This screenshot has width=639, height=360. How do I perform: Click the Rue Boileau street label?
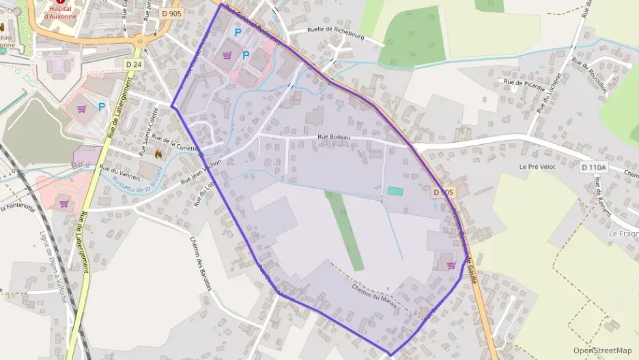click(339, 137)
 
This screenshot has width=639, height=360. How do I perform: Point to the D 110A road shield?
click(595, 167)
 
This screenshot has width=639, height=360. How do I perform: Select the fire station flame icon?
click(159, 155)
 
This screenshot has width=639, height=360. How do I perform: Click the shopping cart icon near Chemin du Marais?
click(451, 265)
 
